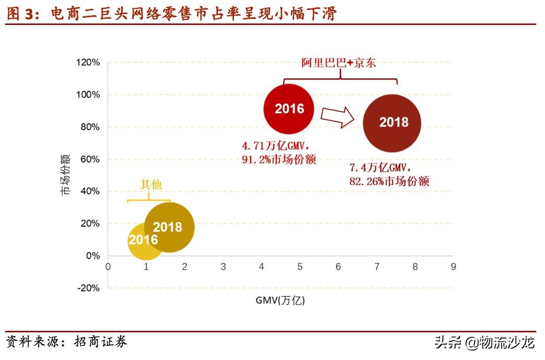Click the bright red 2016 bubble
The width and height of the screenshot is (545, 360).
[x=289, y=109]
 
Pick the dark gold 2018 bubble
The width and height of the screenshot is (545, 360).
[x=169, y=227]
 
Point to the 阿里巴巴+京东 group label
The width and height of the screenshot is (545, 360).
[x=339, y=63]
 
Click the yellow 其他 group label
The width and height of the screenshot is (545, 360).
[x=151, y=184]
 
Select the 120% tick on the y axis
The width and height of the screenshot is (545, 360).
[x=88, y=63]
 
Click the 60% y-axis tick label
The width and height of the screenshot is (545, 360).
[x=89, y=159]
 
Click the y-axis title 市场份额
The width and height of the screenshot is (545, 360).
[x=65, y=176]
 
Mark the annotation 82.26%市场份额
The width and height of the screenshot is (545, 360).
[x=389, y=181]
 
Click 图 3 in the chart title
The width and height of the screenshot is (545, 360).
[x=19, y=14]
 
